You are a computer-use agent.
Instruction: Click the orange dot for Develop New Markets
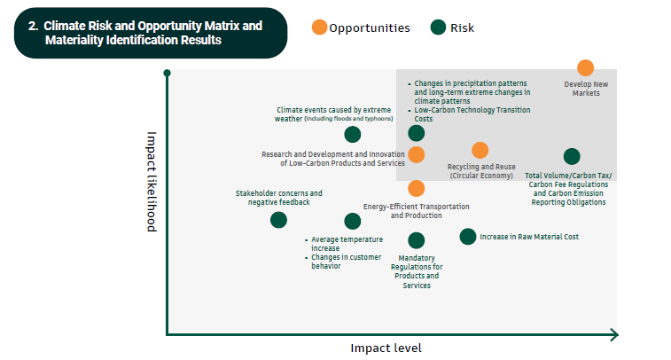(585, 68)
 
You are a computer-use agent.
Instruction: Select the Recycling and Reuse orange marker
(480, 151)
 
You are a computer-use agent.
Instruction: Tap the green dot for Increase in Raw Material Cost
(468, 236)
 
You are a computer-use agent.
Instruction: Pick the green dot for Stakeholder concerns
(278, 220)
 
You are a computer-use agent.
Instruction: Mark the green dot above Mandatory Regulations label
(417, 240)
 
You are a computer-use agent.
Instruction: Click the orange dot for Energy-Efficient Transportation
(417, 188)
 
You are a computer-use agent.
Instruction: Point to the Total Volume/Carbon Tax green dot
(572, 157)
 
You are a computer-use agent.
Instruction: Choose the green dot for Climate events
(353, 135)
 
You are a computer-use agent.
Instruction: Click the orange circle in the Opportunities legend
(319, 27)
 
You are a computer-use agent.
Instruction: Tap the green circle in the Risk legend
(438, 27)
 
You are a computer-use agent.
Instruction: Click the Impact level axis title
(386, 348)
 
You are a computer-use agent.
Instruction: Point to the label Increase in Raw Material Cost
(529, 237)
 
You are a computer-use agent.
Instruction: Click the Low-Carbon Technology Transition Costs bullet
(472, 113)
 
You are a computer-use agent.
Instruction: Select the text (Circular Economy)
(481, 176)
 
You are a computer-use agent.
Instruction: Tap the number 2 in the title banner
(32, 26)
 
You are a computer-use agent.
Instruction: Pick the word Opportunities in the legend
(370, 27)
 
